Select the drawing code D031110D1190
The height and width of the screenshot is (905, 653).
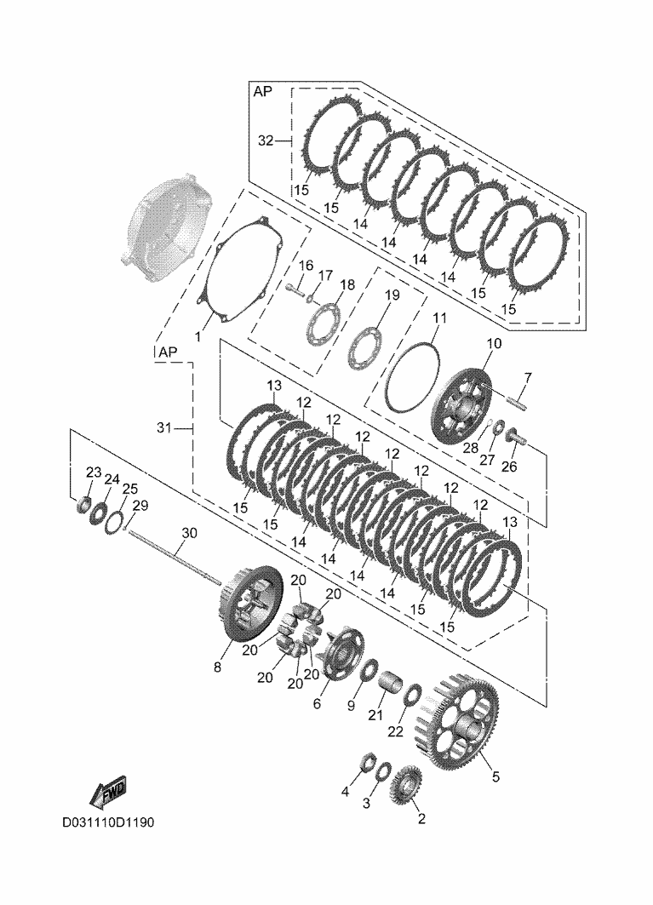[107, 824]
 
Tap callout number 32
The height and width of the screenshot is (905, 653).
[266, 141]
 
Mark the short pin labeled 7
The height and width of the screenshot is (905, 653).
[518, 396]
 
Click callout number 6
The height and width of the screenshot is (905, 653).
[318, 704]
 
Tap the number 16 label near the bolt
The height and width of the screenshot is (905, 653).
[306, 265]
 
